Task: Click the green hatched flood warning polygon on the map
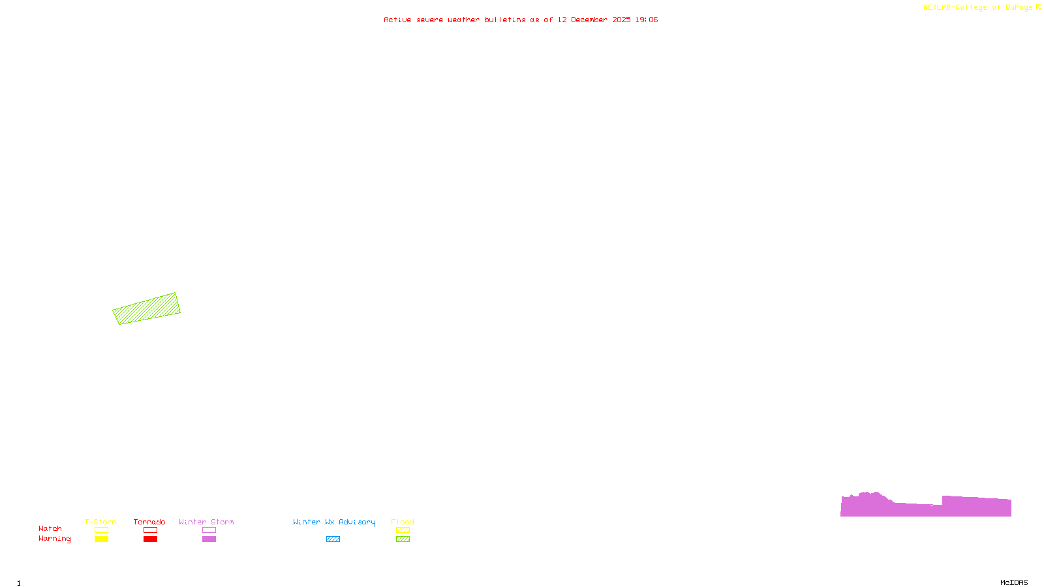[x=146, y=309]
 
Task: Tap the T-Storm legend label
[x=100, y=522]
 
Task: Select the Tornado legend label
[x=149, y=522]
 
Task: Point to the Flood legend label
[x=403, y=522]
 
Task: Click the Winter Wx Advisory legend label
[x=334, y=522]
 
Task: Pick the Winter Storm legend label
[x=206, y=522]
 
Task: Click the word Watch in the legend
[x=50, y=529]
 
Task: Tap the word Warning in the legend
[x=55, y=539]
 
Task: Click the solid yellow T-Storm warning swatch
[x=101, y=539]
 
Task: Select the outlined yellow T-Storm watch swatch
[x=101, y=530]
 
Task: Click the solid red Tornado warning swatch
[x=150, y=539]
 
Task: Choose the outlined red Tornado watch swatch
[x=150, y=530]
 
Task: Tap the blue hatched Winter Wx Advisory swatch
[x=333, y=539]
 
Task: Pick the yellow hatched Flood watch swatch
[x=403, y=530]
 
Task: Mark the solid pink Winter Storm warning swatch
[x=209, y=539]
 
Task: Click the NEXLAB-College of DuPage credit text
[x=978, y=8]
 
